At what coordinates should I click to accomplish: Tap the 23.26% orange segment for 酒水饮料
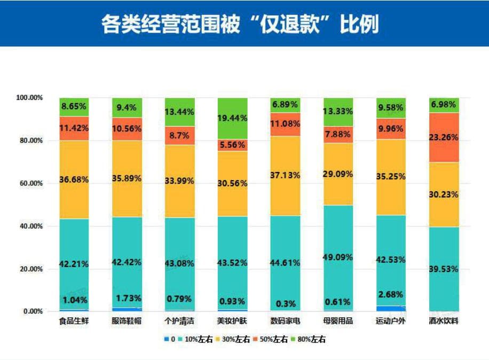tap(444, 137)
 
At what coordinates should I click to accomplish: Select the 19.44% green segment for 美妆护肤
tap(232, 118)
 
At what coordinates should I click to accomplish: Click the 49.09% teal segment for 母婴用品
tap(338, 257)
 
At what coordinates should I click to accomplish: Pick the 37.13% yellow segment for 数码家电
tap(285, 176)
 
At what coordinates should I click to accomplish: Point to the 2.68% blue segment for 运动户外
tap(390, 308)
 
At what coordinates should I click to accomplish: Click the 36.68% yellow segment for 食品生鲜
tap(74, 179)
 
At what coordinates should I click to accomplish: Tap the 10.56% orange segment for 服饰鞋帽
tap(127, 129)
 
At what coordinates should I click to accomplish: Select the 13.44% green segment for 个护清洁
tap(180, 112)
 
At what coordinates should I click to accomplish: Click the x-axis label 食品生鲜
tap(74, 322)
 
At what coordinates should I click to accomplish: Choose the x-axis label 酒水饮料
tap(444, 322)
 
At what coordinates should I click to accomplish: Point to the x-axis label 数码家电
tap(286, 322)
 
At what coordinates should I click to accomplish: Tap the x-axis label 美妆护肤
tap(232, 322)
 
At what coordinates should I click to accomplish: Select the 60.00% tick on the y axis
tap(31, 183)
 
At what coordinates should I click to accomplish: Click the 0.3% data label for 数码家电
tap(285, 303)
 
